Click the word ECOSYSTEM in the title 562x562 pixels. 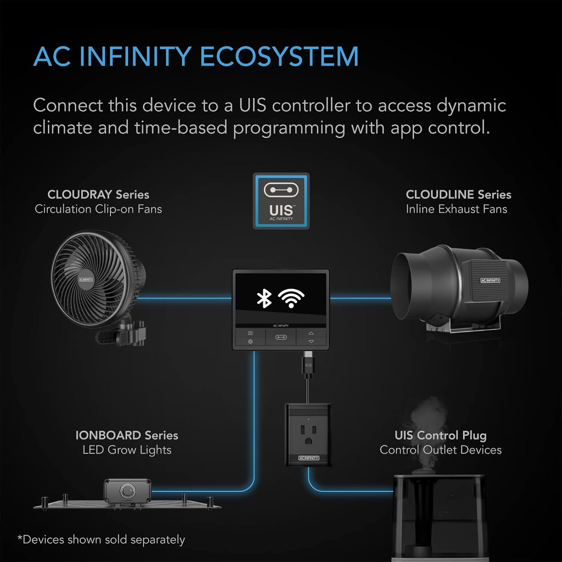pyautogui.click(x=279, y=57)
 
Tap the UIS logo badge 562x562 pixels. pyautogui.click(x=281, y=201)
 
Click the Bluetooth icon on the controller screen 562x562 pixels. pyautogui.click(x=264, y=299)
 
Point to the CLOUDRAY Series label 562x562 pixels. pyautogui.click(x=98, y=194)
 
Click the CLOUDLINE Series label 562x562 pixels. pyautogui.click(x=459, y=194)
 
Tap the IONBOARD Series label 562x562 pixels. pyautogui.click(x=127, y=435)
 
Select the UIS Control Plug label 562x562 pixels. pyautogui.click(x=441, y=435)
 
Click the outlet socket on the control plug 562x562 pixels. pyautogui.click(x=308, y=434)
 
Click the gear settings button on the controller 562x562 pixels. pyautogui.click(x=250, y=342)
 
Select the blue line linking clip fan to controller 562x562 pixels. pyautogui.click(x=185, y=298)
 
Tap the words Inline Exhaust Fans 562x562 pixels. pyautogui.click(x=456, y=209)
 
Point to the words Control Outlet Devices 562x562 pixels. pyautogui.click(x=441, y=450)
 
